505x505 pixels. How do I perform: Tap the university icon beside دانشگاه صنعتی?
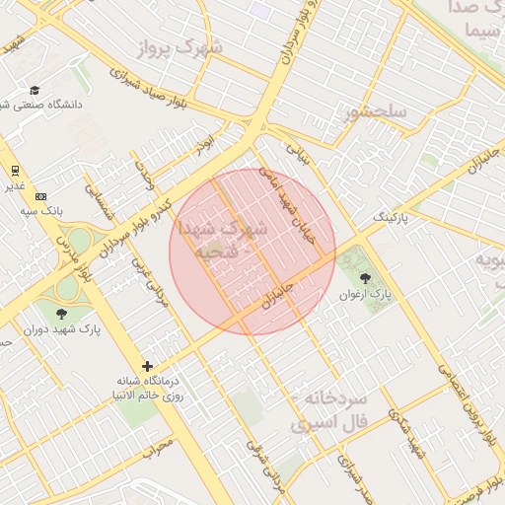35,90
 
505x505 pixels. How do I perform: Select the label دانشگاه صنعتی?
47,104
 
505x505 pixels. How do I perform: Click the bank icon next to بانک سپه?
40,196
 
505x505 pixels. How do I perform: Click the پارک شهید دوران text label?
47,328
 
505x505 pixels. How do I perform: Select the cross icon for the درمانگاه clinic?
148,366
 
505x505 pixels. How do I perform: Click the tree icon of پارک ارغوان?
366,279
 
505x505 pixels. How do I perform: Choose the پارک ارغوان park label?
366,294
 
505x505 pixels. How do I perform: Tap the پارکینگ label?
390,215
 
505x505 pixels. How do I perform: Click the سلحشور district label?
375,112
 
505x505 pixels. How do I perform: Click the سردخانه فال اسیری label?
329,411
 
